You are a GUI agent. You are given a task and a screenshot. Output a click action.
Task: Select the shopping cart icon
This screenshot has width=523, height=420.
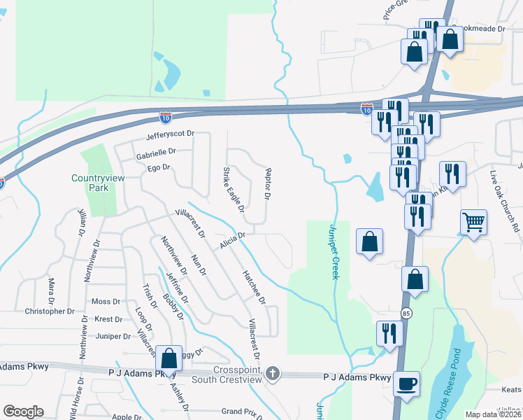473,223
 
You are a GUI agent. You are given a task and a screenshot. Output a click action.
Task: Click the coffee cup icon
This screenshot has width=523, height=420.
406,384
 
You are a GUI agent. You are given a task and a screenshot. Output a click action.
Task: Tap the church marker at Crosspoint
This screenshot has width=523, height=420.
273,374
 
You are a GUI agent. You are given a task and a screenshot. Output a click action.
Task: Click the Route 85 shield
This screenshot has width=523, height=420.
406,312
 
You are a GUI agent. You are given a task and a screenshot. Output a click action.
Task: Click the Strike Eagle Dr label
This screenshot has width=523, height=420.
233,189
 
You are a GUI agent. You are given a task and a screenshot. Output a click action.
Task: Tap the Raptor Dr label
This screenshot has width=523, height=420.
267,183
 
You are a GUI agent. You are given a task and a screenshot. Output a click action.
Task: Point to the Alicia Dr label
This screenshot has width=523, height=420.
232,239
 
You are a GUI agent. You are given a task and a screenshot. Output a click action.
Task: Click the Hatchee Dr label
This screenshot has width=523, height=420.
254,287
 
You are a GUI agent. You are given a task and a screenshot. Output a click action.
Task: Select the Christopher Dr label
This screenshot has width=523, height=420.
50,311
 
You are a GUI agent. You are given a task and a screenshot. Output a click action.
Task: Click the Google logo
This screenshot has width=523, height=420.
23,412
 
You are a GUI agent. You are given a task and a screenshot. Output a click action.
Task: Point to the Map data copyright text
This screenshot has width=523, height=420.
493,414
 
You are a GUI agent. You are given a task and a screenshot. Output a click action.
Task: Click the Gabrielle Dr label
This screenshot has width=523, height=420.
156,150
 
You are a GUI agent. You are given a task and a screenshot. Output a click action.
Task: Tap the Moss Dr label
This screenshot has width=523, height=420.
106,301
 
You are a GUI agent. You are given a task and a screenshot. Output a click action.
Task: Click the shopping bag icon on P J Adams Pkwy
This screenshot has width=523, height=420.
169,359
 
